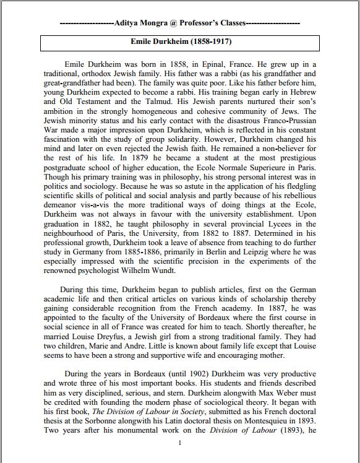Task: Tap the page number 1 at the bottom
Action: click(180, 444)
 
